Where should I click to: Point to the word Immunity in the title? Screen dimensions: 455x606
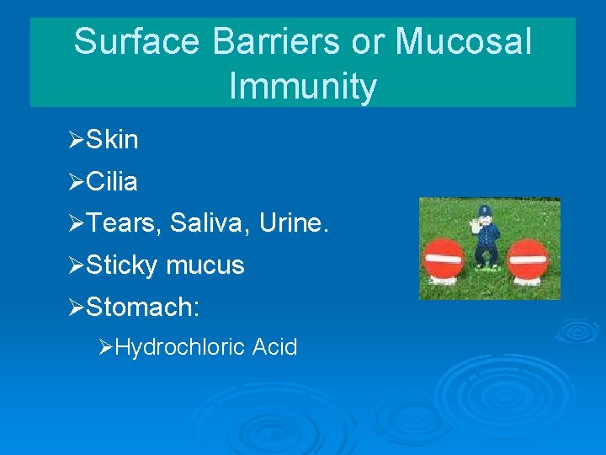tap(302, 87)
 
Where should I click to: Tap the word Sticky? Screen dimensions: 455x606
tap(122, 266)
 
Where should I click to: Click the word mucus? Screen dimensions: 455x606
tap(205, 266)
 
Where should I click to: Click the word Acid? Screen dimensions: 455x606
tap(274, 347)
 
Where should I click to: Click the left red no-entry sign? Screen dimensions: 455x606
tap(444, 258)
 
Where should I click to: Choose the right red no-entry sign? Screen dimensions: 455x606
tap(528, 258)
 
